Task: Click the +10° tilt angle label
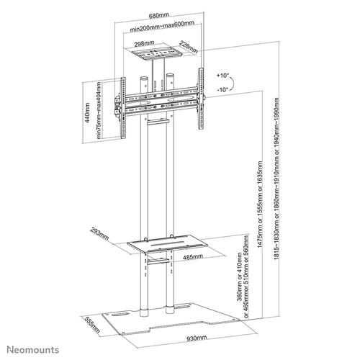coord(222,75)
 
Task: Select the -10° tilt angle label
coord(222,90)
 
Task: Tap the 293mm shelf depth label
coord(100,234)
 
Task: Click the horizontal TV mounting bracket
coord(158,94)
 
